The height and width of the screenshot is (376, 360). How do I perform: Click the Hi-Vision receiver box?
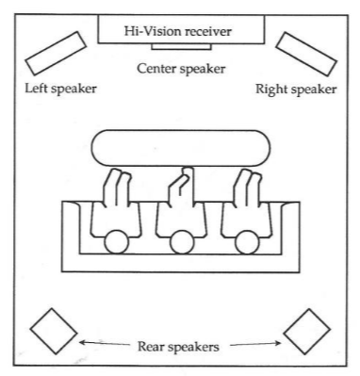pos(181,29)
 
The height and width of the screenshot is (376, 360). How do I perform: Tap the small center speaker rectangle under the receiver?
pos(181,46)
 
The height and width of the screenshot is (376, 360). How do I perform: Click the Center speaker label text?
pos(181,69)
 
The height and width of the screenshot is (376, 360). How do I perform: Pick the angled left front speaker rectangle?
pos(56,53)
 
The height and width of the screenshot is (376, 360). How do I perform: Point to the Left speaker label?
pos(60,89)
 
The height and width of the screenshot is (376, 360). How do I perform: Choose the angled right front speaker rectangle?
pos(306,54)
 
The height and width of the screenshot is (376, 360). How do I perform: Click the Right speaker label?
pos(296,90)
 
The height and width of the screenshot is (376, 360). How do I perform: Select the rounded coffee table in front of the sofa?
pos(181,148)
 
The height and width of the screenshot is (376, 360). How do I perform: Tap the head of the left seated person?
pos(117,242)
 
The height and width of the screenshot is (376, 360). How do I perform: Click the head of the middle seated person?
pos(182,242)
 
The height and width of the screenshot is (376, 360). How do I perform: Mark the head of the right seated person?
pos(247,242)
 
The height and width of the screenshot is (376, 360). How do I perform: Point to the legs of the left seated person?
pos(117,188)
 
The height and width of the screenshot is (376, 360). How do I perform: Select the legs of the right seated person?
pos(248,188)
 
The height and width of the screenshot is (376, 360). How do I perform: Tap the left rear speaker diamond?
pos(54,332)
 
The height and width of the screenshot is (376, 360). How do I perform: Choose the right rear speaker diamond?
pos(307,332)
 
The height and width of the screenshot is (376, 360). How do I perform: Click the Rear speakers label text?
pos(178,347)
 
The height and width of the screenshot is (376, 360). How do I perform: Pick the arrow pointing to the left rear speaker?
pos(105,343)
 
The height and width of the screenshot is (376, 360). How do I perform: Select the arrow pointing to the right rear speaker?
pos(255,344)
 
